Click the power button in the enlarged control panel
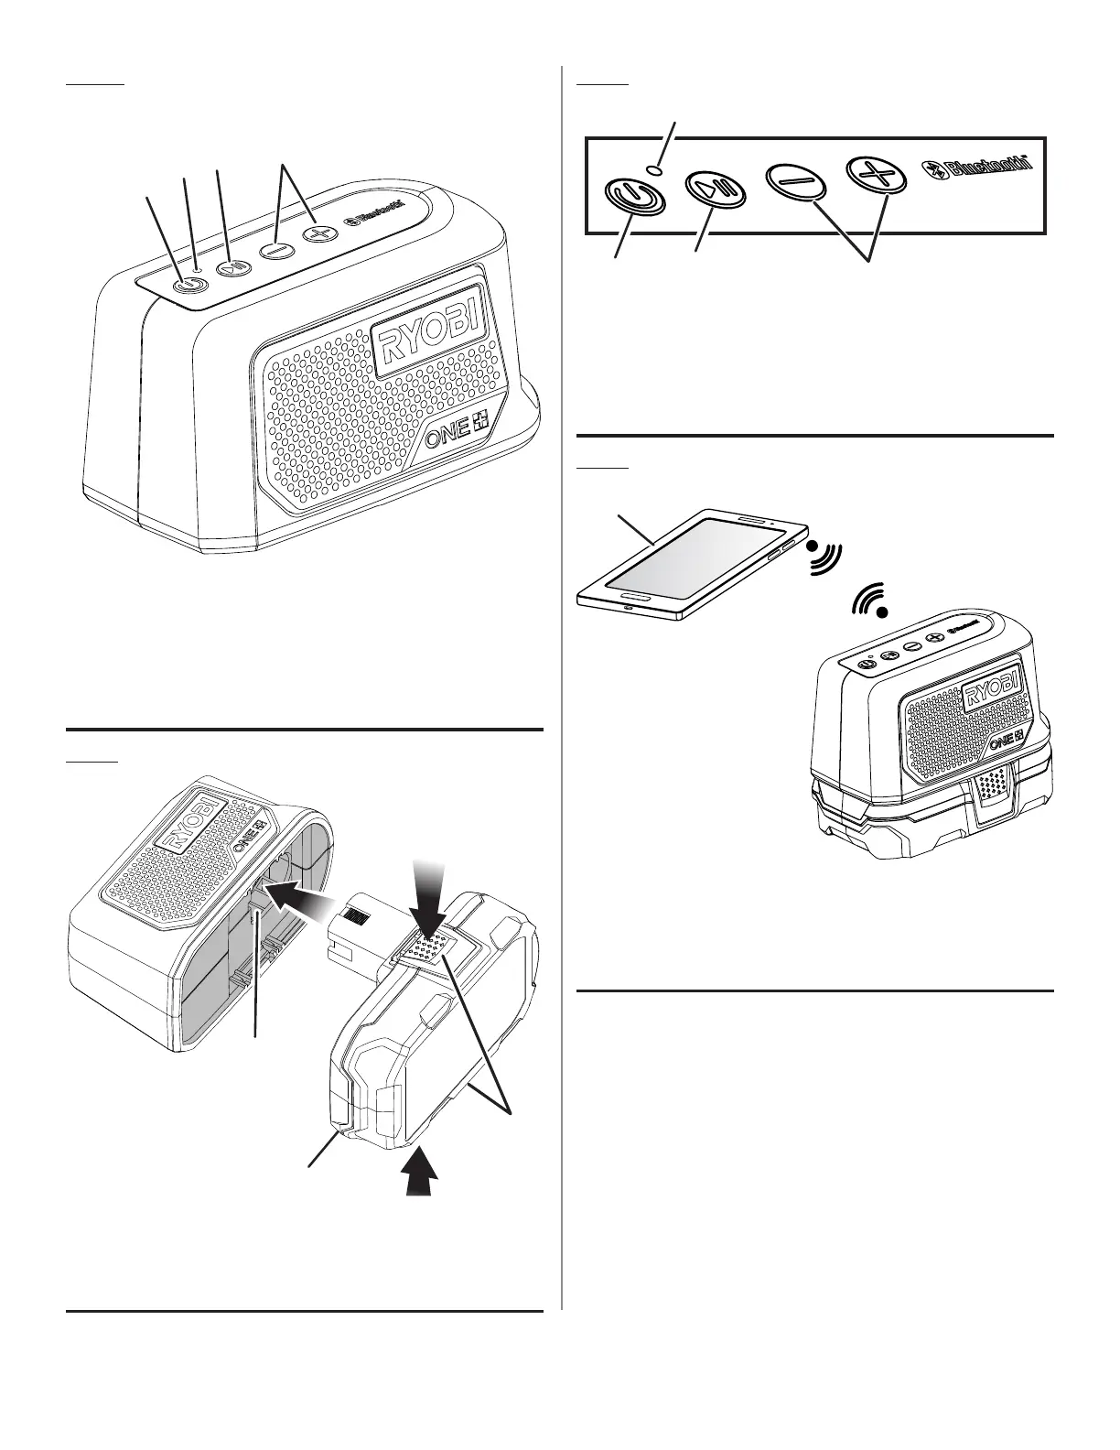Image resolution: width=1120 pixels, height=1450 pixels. coord(630,195)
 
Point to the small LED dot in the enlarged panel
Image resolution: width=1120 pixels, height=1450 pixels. coord(653,168)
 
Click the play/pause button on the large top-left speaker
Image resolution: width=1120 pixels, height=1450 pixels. coord(231,267)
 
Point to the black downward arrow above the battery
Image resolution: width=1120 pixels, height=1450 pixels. coord(429,886)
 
